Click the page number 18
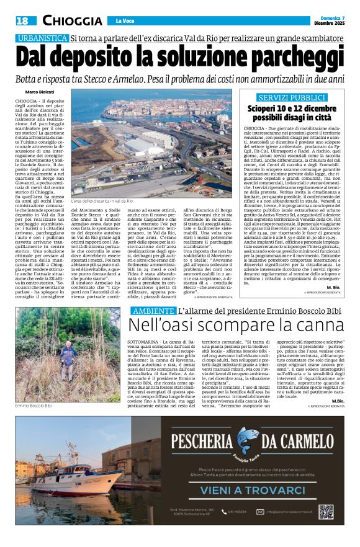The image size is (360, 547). [22, 20]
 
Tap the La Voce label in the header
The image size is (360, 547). [125, 21]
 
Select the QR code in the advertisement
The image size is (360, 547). [326, 512]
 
